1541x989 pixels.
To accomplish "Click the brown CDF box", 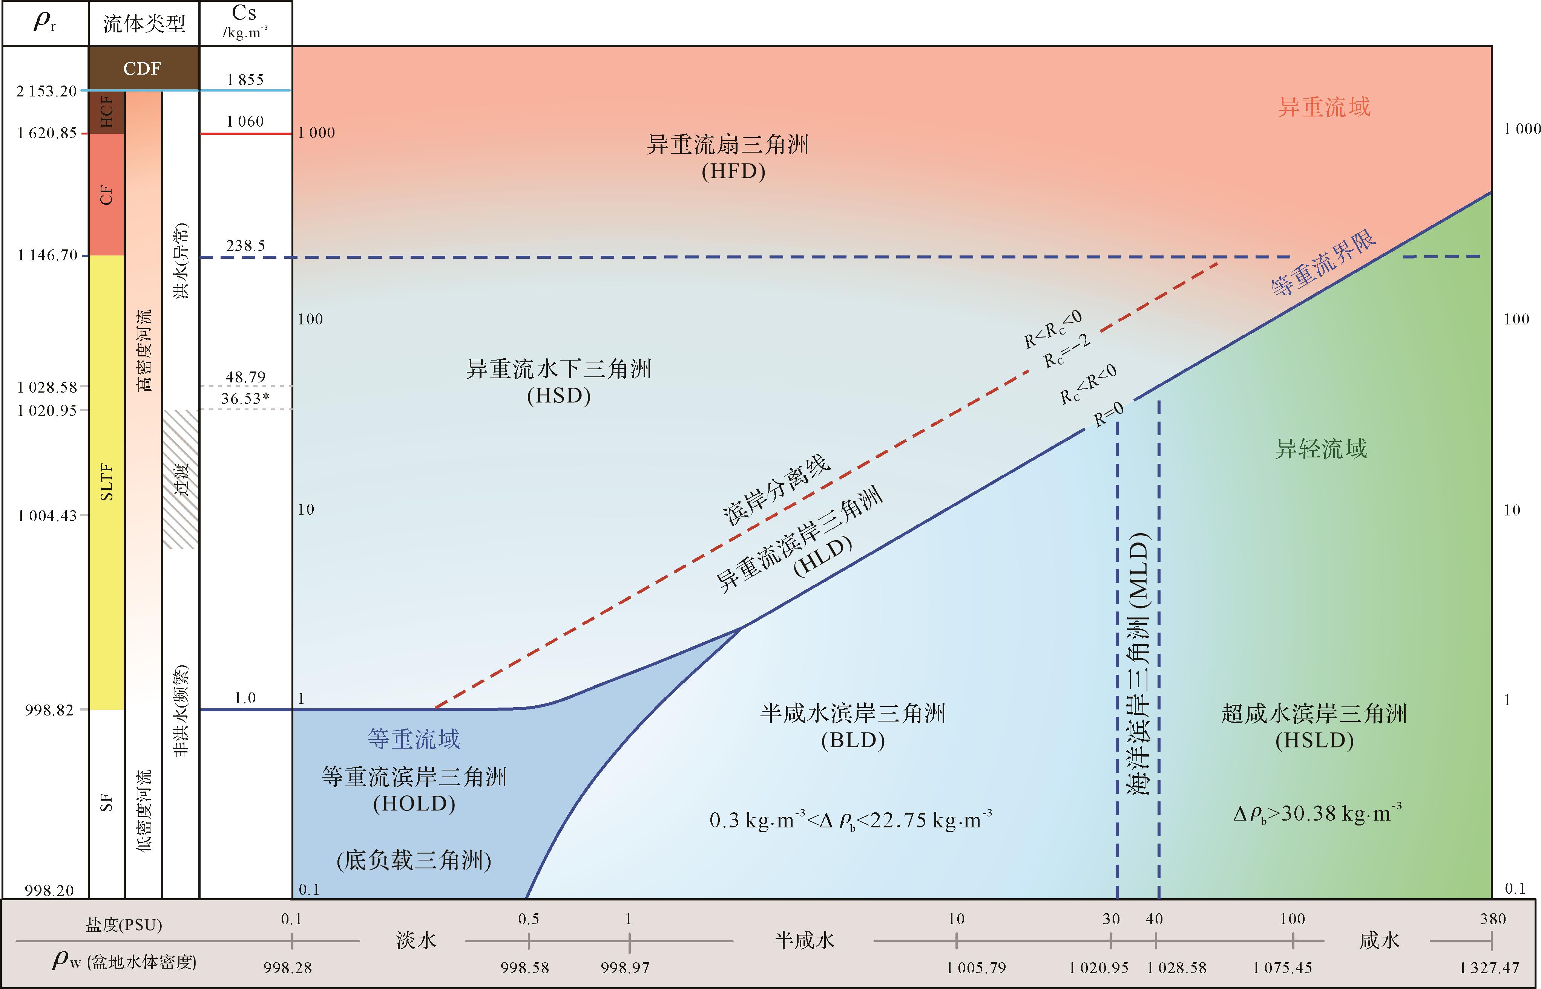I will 143,68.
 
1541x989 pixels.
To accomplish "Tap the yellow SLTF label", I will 107,482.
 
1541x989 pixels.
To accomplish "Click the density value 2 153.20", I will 47,91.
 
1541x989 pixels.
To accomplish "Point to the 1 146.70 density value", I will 47,255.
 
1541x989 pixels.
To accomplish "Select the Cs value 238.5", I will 245,245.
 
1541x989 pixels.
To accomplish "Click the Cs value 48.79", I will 245,376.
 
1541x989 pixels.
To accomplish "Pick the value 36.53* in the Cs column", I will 245,399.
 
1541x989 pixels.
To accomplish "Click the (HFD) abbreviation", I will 733,171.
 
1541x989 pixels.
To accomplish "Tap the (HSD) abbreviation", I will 558,396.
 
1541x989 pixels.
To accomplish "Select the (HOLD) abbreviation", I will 414,803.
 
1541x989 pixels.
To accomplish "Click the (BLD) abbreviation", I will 853,740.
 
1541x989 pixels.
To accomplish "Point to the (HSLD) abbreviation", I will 1314,740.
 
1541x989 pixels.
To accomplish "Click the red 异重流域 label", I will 1324,107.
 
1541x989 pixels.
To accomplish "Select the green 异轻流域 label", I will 1320,448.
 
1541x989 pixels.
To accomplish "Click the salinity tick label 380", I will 1492,919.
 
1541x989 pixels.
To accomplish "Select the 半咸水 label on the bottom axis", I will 804,941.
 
